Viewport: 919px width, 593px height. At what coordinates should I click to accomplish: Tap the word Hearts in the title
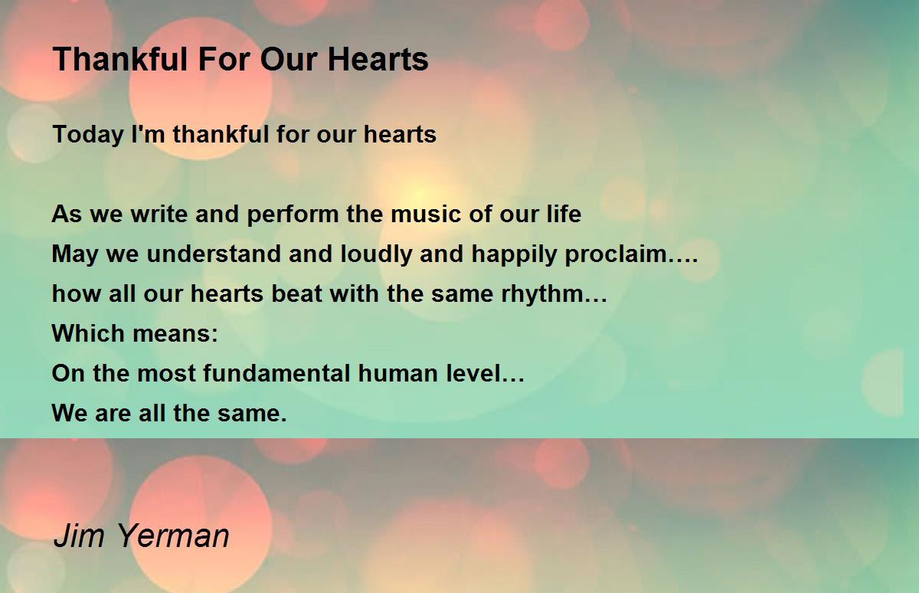[378, 59]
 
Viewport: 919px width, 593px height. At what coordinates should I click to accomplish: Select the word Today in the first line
[88, 136]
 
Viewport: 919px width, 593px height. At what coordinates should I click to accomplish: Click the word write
[159, 214]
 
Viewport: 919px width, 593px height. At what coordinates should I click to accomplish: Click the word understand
[214, 254]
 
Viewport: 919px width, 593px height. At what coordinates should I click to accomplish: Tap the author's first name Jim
[79, 535]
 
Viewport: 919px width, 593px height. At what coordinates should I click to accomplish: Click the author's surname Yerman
[173, 535]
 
